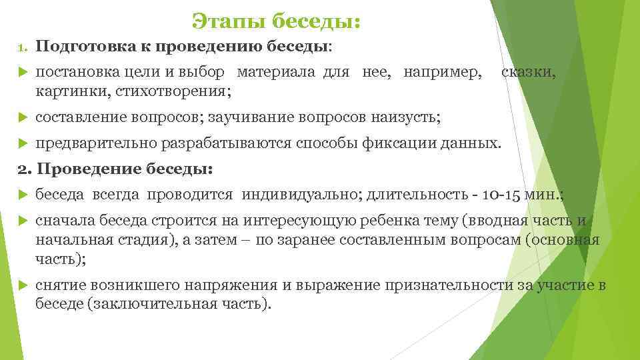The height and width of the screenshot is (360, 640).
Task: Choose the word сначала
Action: [x=65, y=221]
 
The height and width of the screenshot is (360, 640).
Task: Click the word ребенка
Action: [x=370, y=221]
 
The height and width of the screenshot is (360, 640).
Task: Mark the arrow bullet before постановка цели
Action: [x=21, y=72]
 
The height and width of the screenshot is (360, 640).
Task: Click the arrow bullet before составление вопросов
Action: [x=21, y=118]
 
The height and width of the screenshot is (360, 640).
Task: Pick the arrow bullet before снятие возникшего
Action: [x=21, y=286]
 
